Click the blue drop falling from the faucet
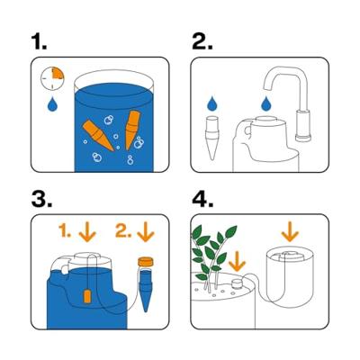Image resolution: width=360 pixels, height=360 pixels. coord(266,105)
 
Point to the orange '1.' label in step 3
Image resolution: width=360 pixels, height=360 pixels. coord(64,232)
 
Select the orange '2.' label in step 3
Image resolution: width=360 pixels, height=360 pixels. coord(125,232)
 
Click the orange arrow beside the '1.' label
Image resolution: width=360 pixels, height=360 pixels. coord(87,233)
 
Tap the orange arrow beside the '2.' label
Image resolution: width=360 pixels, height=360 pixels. coord(147,233)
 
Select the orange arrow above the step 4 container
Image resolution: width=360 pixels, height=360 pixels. coord(290,232)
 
